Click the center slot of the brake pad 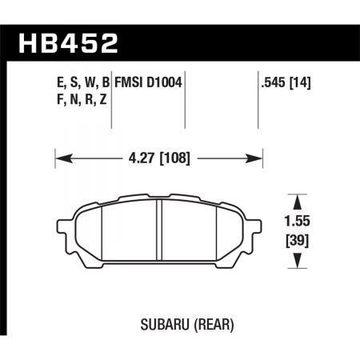(159, 232)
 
